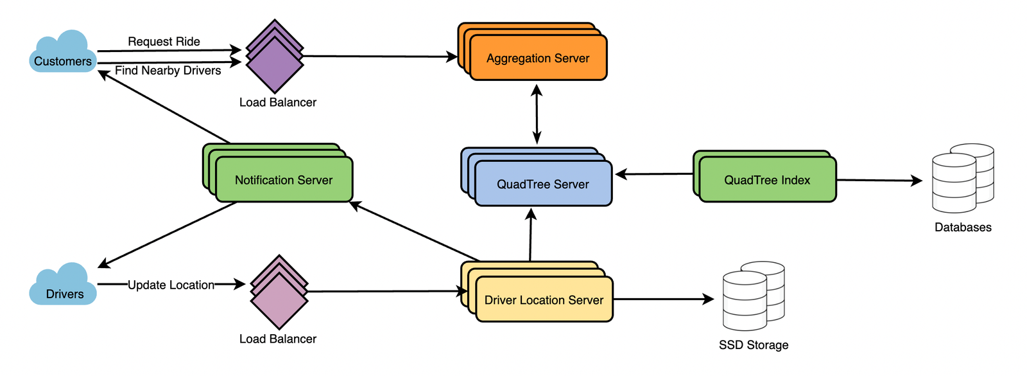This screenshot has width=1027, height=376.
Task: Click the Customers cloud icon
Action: coord(62,53)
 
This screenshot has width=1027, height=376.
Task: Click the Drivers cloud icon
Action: coord(62,285)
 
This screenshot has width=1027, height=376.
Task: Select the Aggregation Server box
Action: coord(538,58)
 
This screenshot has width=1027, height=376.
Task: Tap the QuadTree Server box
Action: coord(543,184)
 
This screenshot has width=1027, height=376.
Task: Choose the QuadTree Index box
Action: coord(767,180)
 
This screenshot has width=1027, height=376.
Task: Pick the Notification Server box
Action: coord(284,180)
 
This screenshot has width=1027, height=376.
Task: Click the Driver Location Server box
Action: coord(544,300)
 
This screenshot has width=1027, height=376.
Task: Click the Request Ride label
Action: coord(164,41)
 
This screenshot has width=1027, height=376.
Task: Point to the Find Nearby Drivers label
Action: coord(168,70)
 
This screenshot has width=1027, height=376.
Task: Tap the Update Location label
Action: coord(171,285)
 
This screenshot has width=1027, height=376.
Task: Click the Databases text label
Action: coord(962,227)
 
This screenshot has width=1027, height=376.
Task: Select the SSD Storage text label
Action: coord(753,345)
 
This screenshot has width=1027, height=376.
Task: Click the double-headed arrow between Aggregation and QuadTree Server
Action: coord(537,114)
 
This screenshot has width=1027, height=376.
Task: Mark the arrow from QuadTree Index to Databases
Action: coord(879,181)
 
